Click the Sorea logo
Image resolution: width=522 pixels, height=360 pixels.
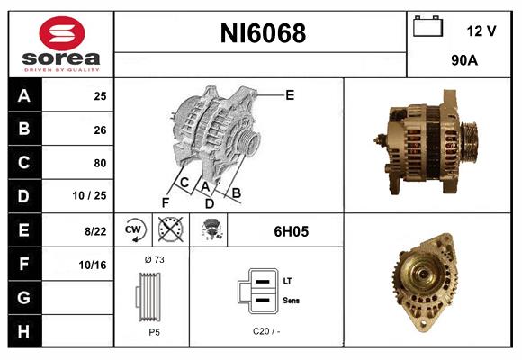point(60,45)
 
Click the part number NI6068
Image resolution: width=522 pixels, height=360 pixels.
point(263,33)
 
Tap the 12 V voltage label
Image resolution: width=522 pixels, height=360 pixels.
point(481,31)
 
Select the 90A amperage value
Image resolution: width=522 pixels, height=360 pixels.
point(463,61)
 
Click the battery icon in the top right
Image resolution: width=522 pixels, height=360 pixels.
point(427,28)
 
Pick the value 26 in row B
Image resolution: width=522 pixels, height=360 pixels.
point(99,130)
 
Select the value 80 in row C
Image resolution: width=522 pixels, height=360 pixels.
point(99,163)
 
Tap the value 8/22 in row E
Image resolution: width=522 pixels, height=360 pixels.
point(95,230)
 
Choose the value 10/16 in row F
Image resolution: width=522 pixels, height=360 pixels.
point(94,265)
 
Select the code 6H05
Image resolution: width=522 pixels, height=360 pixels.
point(291,231)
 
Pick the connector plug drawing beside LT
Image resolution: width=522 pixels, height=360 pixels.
point(257,292)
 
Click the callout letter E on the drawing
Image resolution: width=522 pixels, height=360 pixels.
point(290,94)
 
